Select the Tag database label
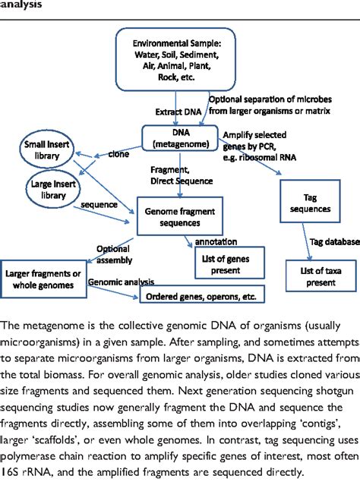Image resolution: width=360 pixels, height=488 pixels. click(x=333, y=242)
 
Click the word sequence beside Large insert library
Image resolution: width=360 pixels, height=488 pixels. click(x=99, y=204)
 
